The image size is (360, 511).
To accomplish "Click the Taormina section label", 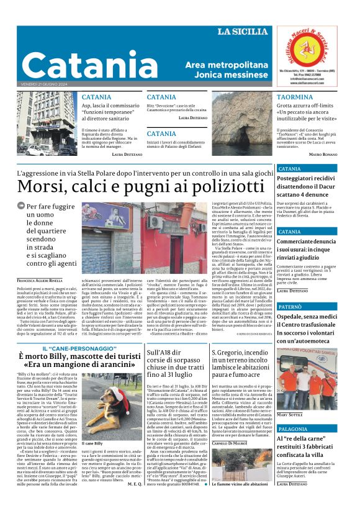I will tap(294, 97).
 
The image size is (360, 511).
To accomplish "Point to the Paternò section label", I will tap(294, 307).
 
